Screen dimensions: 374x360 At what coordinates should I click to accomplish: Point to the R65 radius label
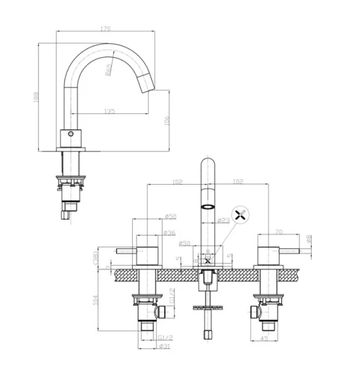109,71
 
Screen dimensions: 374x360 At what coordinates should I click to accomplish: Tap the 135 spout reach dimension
109,111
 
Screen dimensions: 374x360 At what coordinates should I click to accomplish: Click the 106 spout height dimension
167,121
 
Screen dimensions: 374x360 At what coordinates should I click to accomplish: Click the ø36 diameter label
169,233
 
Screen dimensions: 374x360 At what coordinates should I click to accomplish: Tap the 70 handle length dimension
278,231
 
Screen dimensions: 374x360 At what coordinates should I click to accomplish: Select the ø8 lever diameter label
309,238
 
